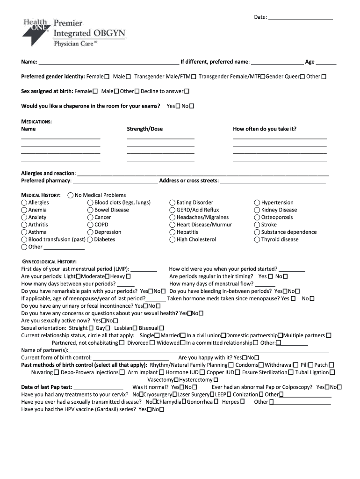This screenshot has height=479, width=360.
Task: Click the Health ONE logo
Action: point(36,31)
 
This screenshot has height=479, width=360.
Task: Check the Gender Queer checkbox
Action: point(302,77)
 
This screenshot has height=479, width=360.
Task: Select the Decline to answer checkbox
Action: point(193,92)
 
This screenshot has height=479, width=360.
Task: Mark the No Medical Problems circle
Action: point(71,195)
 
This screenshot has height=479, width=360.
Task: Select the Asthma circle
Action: point(24,232)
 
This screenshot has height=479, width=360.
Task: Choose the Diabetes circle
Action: point(90,239)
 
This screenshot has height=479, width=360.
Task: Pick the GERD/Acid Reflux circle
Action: point(173,210)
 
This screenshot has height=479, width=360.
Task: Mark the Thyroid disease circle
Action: point(257,239)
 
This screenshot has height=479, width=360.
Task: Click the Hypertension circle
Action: point(257,203)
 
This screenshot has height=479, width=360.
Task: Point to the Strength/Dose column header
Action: point(145,129)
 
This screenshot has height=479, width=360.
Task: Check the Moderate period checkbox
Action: point(108,276)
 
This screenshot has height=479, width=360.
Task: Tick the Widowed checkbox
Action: point(182,343)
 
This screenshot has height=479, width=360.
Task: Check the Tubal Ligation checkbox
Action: point(332,372)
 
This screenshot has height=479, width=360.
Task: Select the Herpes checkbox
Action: point(242,402)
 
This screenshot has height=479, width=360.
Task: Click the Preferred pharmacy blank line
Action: point(115,181)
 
